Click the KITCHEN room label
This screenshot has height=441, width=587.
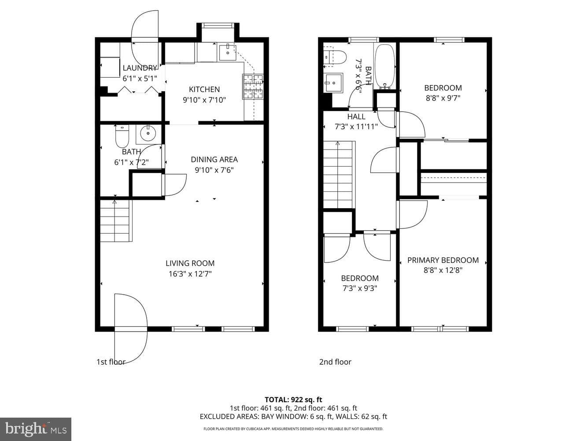click(204, 89)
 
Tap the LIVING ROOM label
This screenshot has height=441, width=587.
click(190, 263)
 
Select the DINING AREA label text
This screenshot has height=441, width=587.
click(214, 159)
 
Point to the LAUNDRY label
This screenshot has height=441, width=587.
click(139, 68)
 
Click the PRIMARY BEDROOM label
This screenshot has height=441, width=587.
click(443, 260)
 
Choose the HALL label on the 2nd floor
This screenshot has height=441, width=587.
click(356, 116)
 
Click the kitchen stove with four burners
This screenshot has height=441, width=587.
click(253, 87)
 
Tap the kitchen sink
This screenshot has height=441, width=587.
click(228, 53)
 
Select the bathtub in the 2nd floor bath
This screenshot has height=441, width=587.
click(385, 67)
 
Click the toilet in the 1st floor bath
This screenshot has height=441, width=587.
click(122, 136)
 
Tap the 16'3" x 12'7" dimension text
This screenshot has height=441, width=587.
click(190, 274)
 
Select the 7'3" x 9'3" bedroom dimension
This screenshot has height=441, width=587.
click(360, 288)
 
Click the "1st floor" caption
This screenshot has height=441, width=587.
click(111, 362)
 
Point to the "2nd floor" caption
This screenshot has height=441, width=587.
click(335, 362)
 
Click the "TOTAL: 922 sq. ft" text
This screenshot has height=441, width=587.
click(293, 400)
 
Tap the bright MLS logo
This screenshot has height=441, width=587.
click(36, 429)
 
